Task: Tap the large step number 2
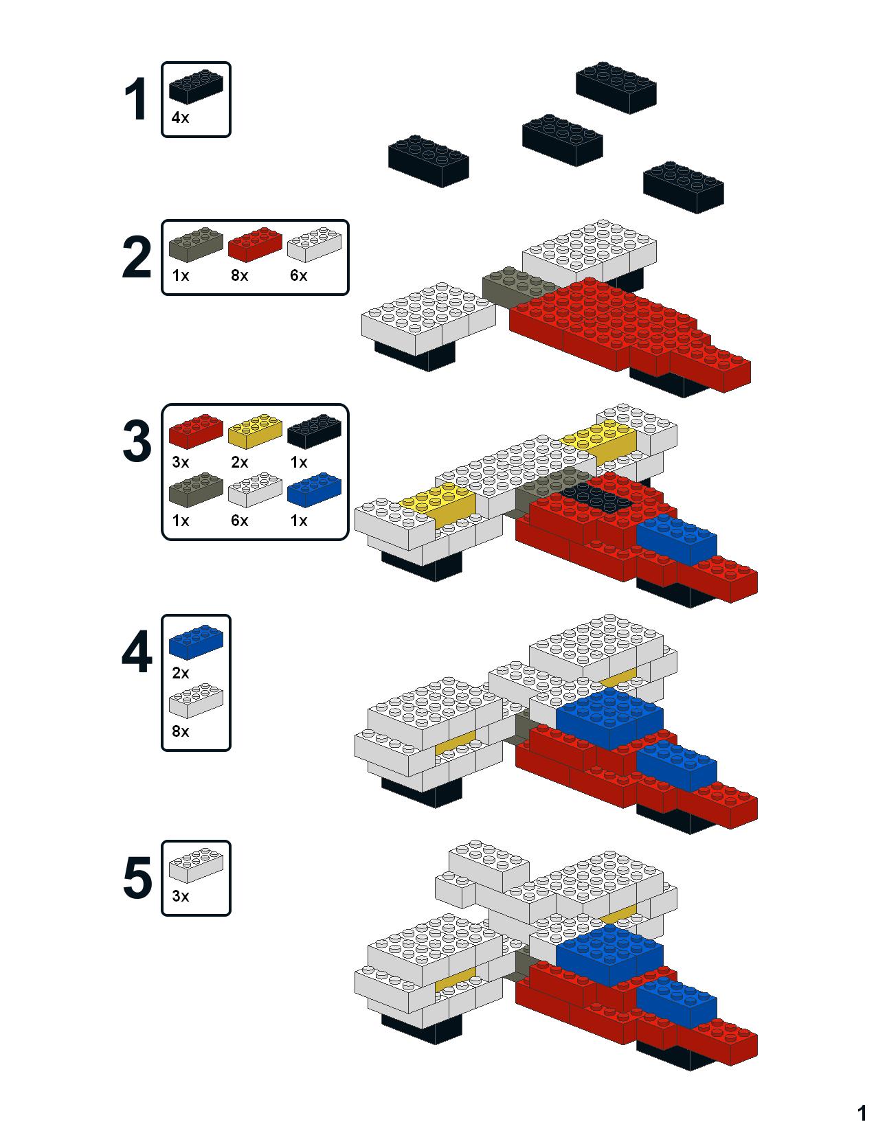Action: pyautogui.click(x=137, y=257)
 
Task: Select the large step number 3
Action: pyautogui.click(x=137, y=441)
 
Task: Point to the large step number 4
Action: pyautogui.click(x=137, y=652)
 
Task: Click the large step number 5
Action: pyautogui.click(x=137, y=878)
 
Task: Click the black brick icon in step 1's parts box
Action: pyautogui.click(x=196, y=87)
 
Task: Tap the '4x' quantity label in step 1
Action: pyautogui.click(x=180, y=118)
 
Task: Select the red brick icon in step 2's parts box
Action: pyautogui.click(x=255, y=244)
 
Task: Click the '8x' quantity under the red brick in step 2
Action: pyautogui.click(x=240, y=275)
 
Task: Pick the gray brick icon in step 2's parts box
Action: pyautogui.click(x=196, y=244)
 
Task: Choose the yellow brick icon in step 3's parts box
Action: pyautogui.click(x=255, y=431)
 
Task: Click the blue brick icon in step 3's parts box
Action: pyautogui.click(x=315, y=490)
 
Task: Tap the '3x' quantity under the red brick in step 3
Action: pyautogui.click(x=181, y=462)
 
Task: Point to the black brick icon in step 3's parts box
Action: pyautogui.click(x=315, y=431)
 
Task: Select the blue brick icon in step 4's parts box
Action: pyautogui.click(x=196, y=642)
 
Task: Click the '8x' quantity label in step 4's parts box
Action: pyautogui.click(x=181, y=731)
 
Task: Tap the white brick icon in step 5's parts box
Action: pyautogui.click(x=196, y=865)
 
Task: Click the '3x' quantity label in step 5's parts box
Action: pyautogui.click(x=181, y=896)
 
